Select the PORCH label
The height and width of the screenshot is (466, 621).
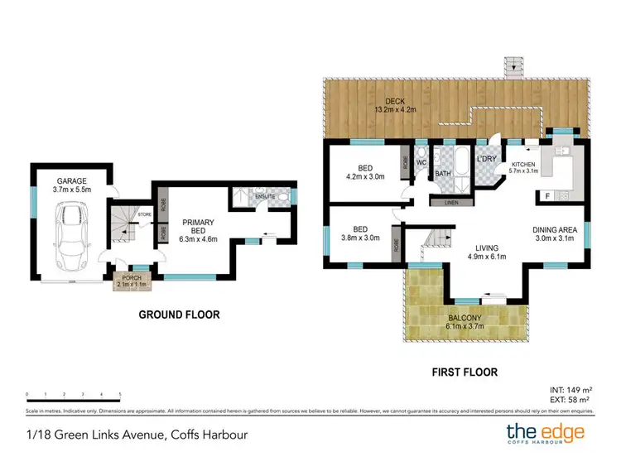132,277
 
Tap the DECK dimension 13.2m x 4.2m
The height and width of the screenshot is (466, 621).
393,109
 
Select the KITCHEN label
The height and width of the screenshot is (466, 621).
524,166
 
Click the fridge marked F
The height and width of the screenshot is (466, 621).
546,195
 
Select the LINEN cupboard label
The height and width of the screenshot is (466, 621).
451,201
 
